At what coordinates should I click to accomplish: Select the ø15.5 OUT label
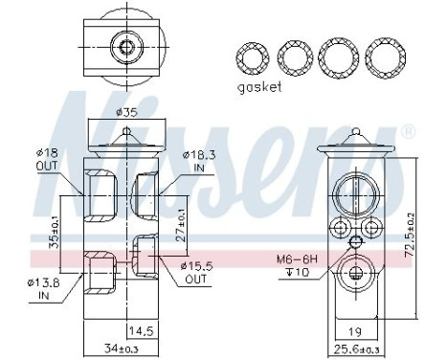[x=195, y=271]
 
